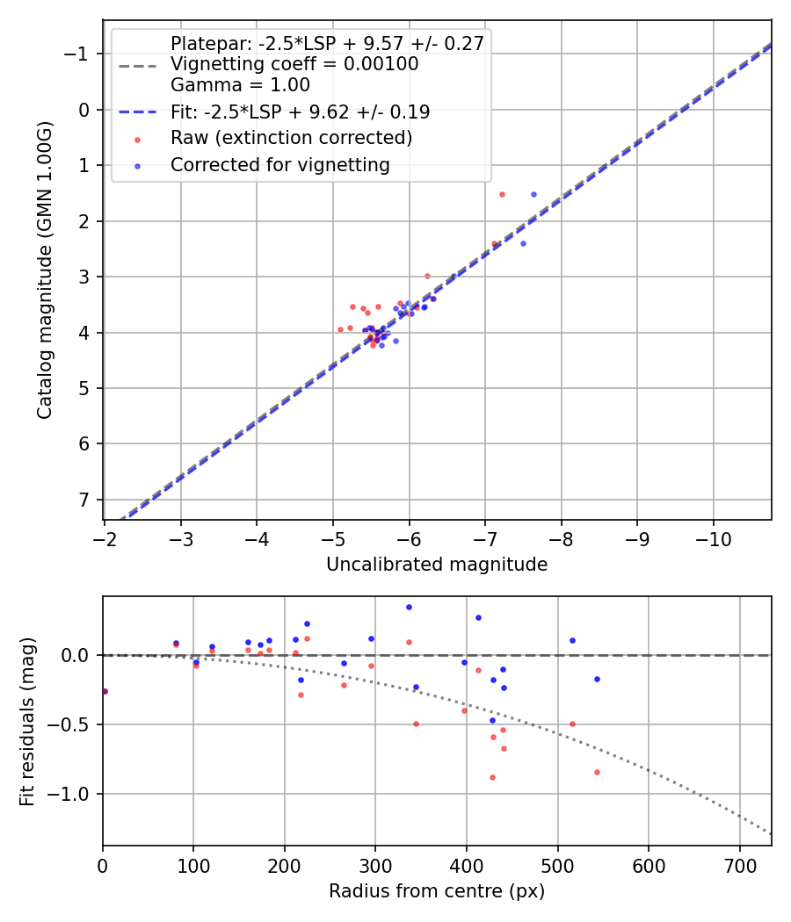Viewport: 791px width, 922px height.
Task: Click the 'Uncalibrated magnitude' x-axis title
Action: (437, 565)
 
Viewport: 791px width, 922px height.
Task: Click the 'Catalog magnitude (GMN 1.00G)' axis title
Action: (45, 270)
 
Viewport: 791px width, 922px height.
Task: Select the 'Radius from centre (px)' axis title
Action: (437, 891)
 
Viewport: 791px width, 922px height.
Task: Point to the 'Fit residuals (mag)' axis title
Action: (27, 721)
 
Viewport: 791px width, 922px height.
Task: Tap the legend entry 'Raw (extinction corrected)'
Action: (291, 138)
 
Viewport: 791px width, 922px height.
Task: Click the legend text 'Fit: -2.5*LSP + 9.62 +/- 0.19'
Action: (300, 112)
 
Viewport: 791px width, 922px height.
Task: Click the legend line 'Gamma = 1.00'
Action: (240, 85)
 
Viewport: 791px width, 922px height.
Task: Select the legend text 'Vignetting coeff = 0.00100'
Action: (294, 64)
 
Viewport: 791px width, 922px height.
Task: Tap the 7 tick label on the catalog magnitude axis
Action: (84, 500)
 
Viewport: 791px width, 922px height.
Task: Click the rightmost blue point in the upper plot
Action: (533, 194)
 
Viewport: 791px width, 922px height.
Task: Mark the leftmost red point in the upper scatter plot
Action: (340, 329)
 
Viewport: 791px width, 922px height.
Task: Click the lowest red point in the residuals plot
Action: (492, 777)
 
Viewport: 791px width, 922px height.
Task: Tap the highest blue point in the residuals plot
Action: (409, 607)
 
